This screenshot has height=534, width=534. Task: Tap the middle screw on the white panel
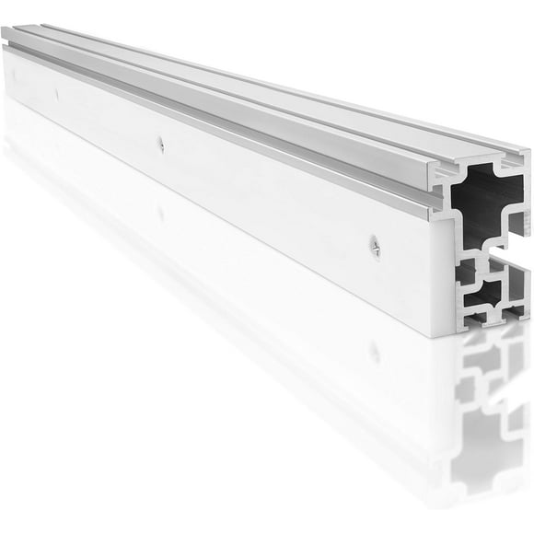[160, 143]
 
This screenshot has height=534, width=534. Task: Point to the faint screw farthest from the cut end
[55, 94]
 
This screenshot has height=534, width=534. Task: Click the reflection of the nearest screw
[374, 351]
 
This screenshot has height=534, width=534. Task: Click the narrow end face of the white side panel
[443, 276]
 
